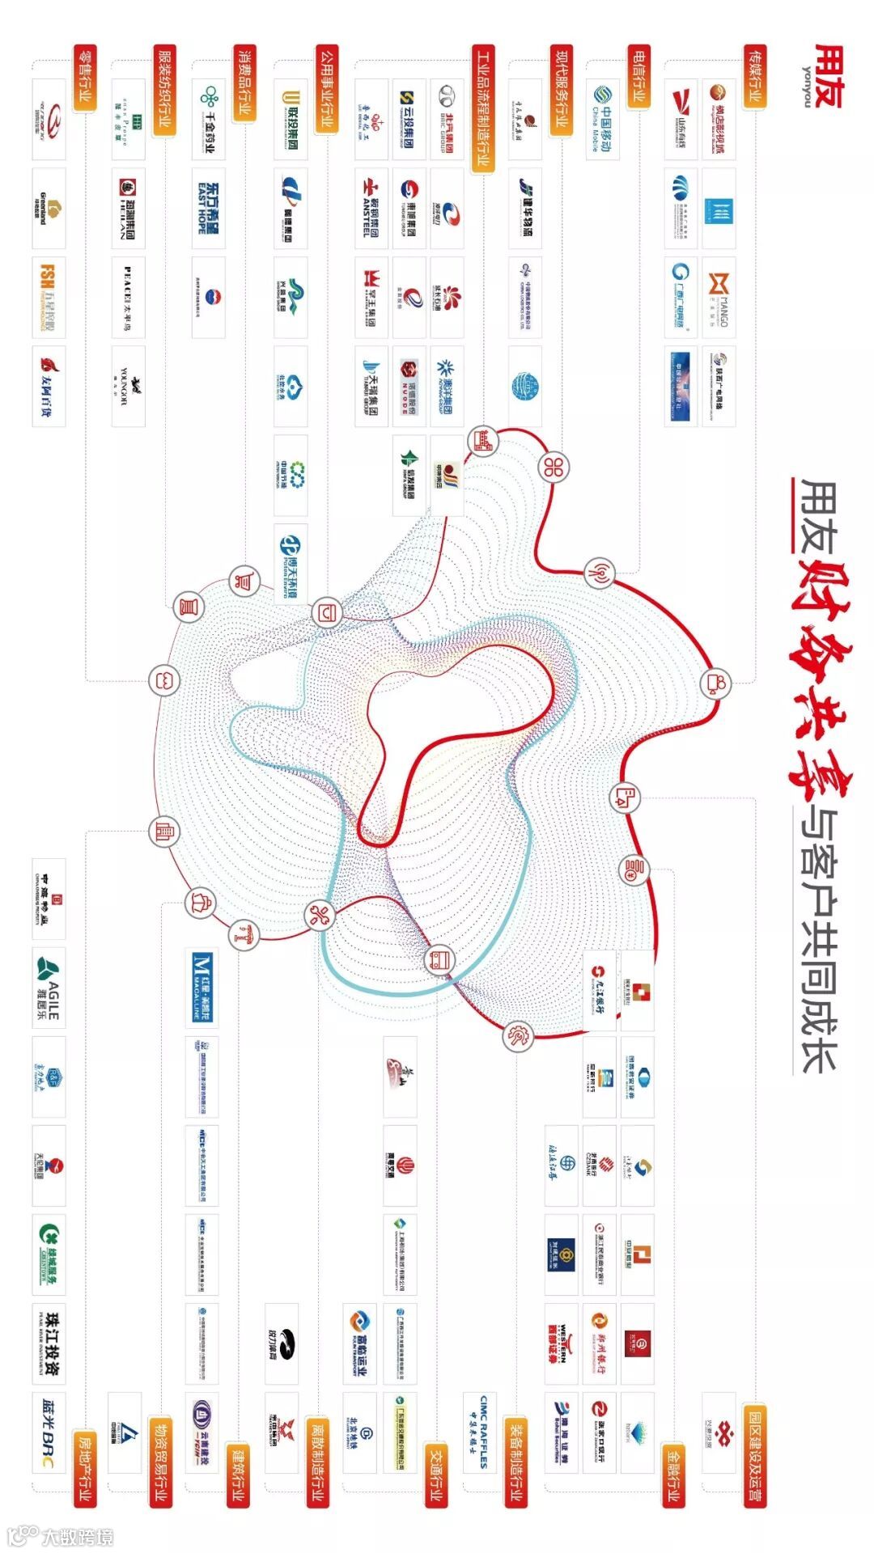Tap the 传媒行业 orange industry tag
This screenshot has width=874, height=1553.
click(x=754, y=78)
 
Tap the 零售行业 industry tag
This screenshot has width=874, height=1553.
click(x=85, y=78)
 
